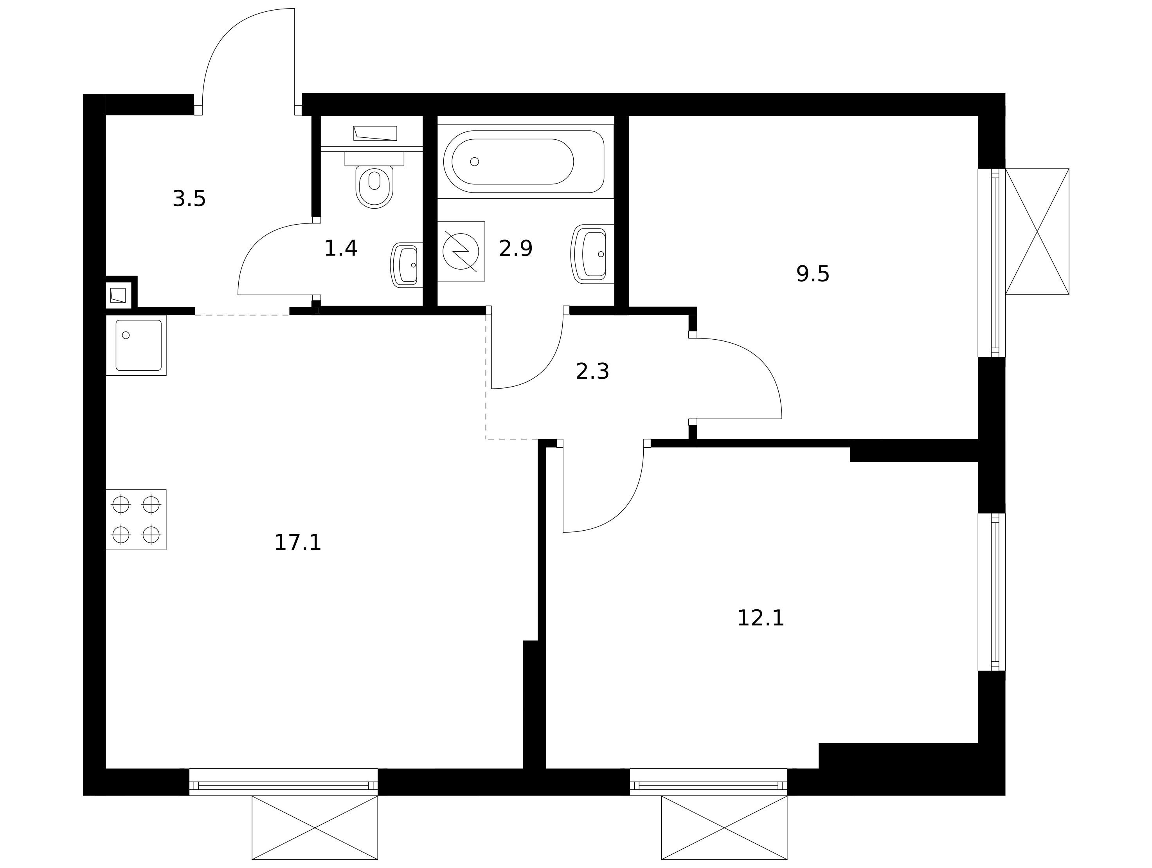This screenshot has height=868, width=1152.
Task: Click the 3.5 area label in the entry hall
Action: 189,199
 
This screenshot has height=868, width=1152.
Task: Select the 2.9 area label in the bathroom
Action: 516,249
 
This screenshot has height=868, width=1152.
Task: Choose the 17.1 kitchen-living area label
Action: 297,542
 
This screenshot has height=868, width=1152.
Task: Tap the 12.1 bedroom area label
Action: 760,618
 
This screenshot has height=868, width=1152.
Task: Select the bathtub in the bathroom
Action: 524,161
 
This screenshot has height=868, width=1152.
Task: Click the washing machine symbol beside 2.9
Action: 461,252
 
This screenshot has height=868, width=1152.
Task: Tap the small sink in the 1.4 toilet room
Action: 405,265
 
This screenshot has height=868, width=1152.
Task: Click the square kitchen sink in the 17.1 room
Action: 137,345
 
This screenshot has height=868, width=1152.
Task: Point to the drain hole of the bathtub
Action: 474,161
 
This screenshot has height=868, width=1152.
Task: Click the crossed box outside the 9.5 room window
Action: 1037,231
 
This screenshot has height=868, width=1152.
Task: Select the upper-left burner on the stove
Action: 121,504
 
